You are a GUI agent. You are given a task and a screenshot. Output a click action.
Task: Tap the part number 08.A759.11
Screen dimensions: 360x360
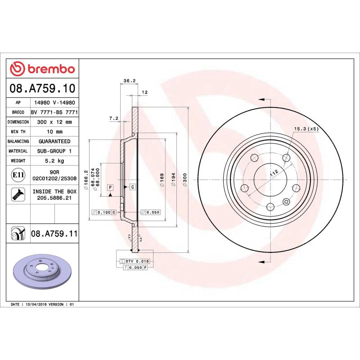pos(54,234)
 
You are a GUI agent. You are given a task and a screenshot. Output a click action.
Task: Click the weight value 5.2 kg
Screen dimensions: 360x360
pos(54,161)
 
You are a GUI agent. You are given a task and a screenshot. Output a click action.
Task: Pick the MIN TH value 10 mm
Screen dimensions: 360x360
pos(54,131)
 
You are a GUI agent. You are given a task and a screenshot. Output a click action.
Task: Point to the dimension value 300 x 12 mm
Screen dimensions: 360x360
pos(54,122)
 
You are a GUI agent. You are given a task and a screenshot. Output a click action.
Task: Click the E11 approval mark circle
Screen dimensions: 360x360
pos(18,175)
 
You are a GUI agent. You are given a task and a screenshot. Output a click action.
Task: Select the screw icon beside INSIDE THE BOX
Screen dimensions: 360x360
pos(18,194)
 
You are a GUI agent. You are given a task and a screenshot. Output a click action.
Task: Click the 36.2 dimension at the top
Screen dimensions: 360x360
pos(130,81)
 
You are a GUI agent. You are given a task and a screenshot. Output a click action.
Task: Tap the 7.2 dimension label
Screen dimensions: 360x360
pos(114,118)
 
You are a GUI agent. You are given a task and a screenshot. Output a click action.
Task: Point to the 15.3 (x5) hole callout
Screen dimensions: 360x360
pos(306,129)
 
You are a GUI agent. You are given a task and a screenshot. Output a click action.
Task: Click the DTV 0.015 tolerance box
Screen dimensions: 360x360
pos(137,261)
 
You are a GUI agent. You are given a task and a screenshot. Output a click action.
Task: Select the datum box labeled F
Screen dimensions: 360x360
pos(110,186)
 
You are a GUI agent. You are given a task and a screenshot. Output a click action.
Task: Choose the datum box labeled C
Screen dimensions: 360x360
pos(133,186)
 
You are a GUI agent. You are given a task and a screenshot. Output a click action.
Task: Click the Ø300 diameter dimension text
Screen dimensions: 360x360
pos(185,180)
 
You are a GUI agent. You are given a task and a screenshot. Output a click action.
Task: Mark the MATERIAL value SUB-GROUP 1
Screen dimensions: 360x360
pos(54,151)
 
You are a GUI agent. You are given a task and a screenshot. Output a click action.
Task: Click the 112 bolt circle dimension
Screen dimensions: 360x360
pos(272,173)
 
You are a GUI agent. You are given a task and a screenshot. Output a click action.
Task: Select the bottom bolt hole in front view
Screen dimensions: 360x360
pos(270,207)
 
